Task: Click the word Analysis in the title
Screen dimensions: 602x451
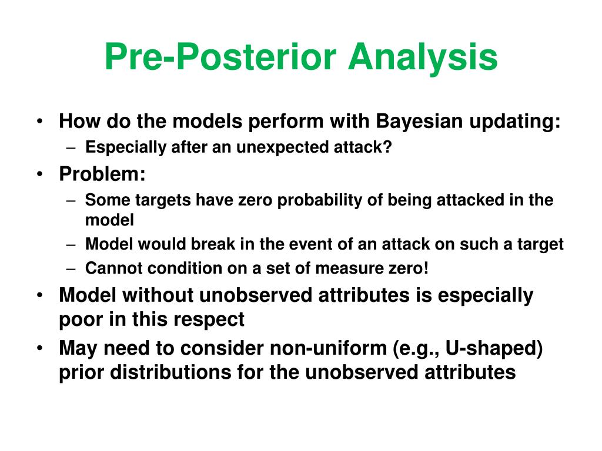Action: coord(423,58)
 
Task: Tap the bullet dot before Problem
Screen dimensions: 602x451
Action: coord(40,174)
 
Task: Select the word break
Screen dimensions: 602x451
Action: coord(213,244)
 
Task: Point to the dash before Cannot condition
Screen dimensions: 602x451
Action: coord(71,268)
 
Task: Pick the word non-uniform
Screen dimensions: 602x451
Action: coord(328,348)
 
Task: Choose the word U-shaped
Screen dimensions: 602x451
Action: coord(494,349)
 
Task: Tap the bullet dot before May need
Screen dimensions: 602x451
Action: coord(40,348)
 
